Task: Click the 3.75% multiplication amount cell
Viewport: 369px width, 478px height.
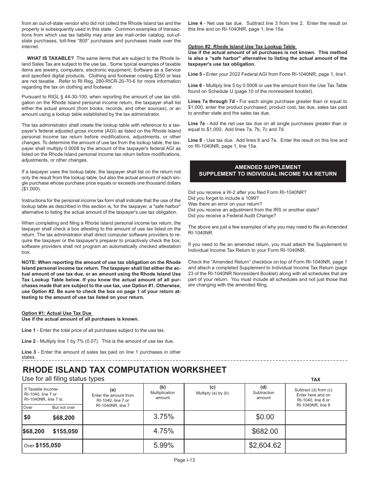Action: [163, 417]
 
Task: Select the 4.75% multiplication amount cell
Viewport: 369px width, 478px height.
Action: [163, 431]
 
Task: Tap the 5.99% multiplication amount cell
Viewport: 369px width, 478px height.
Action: [163, 446]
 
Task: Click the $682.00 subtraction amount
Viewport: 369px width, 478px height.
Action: [265, 431]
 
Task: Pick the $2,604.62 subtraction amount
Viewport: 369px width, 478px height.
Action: [265, 446]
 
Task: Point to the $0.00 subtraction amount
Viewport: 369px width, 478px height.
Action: [265, 417]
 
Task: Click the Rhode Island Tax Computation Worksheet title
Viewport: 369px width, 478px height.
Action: [125, 370]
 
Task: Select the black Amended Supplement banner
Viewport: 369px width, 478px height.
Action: [268, 171]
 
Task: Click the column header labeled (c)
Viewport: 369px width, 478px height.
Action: [212, 387]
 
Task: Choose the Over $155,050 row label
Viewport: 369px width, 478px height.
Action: [42, 446]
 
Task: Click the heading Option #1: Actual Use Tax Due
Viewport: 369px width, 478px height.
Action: [56, 313]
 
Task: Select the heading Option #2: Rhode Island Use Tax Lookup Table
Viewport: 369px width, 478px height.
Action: [242, 47]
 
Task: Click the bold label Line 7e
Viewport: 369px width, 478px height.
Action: [195, 123]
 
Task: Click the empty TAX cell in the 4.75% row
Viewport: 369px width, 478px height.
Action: [315, 431]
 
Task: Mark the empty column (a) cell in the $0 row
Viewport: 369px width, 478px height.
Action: [113, 417]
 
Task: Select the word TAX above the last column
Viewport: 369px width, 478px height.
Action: [315, 379]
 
